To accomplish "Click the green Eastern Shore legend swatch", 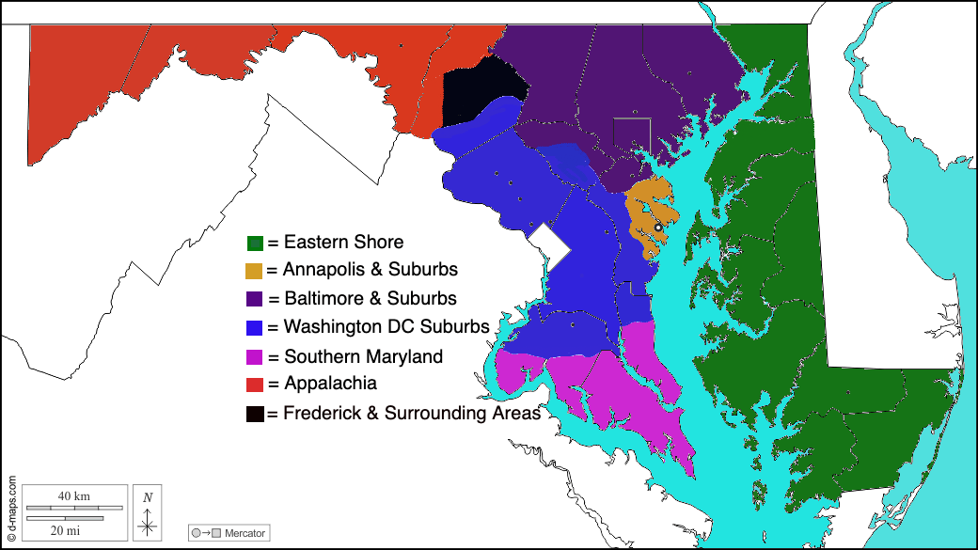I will coord(255,244).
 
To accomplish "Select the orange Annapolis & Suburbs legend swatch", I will coord(254,271).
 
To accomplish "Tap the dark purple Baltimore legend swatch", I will coord(254,299).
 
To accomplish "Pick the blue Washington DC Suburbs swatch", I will coord(254,328).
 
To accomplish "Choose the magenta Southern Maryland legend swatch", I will coord(254,357).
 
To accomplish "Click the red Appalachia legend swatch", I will coord(254,384).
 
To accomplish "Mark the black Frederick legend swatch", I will coord(255,414).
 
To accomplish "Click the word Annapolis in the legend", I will coord(323,270).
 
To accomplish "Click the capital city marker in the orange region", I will coord(658,228).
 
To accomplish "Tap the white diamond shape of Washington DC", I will coord(548,246).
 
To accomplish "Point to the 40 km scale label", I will coord(73,495).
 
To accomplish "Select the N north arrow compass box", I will coord(148,512).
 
